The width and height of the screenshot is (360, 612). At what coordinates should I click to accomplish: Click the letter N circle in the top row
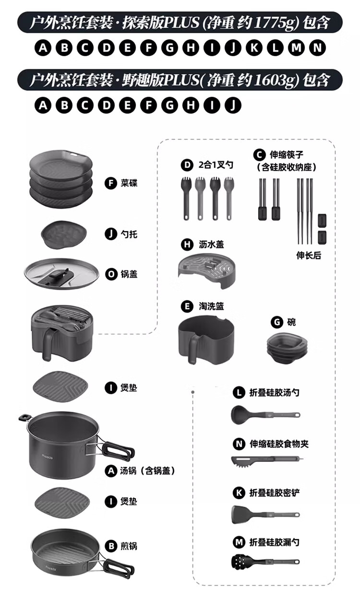pos(317,48)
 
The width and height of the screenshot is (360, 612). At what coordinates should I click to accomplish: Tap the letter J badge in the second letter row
pos(233,105)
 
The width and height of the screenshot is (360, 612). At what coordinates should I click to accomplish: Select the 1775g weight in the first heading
pos(276,23)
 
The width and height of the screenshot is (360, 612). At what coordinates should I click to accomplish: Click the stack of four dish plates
pos(61,178)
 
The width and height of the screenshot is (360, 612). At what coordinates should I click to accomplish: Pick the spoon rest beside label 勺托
pos(64,235)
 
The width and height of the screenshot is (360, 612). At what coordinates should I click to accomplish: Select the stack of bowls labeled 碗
pos(287,347)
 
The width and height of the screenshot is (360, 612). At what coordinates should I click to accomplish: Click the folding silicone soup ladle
pos(265,414)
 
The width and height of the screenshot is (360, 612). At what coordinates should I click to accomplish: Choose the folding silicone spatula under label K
pos(265,514)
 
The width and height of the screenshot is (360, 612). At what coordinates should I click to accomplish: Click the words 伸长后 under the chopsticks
pos(309,256)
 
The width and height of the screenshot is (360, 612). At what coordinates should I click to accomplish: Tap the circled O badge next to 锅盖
pos(111,274)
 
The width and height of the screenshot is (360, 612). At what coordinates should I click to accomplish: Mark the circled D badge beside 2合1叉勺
pos(187,165)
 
